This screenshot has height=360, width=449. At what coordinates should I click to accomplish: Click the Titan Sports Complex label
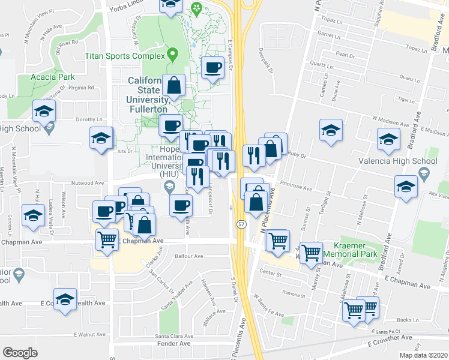pyautogui.click(x=124, y=56)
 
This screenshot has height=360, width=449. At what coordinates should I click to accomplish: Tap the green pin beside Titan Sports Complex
pyautogui.click(x=172, y=56)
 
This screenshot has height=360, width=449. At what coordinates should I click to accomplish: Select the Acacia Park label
pyautogui.click(x=54, y=77)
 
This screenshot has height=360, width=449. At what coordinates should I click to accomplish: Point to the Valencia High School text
pyautogui.click(x=405, y=161)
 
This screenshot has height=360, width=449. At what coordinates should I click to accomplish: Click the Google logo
pyautogui.click(x=20, y=353)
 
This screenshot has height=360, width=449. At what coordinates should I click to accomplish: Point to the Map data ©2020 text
pyautogui.click(x=423, y=355)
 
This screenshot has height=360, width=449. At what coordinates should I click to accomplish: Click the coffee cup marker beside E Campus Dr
pyautogui.click(x=212, y=67)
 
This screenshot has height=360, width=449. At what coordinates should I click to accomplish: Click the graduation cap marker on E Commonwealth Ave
pyautogui.click(x=65, y=299)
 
